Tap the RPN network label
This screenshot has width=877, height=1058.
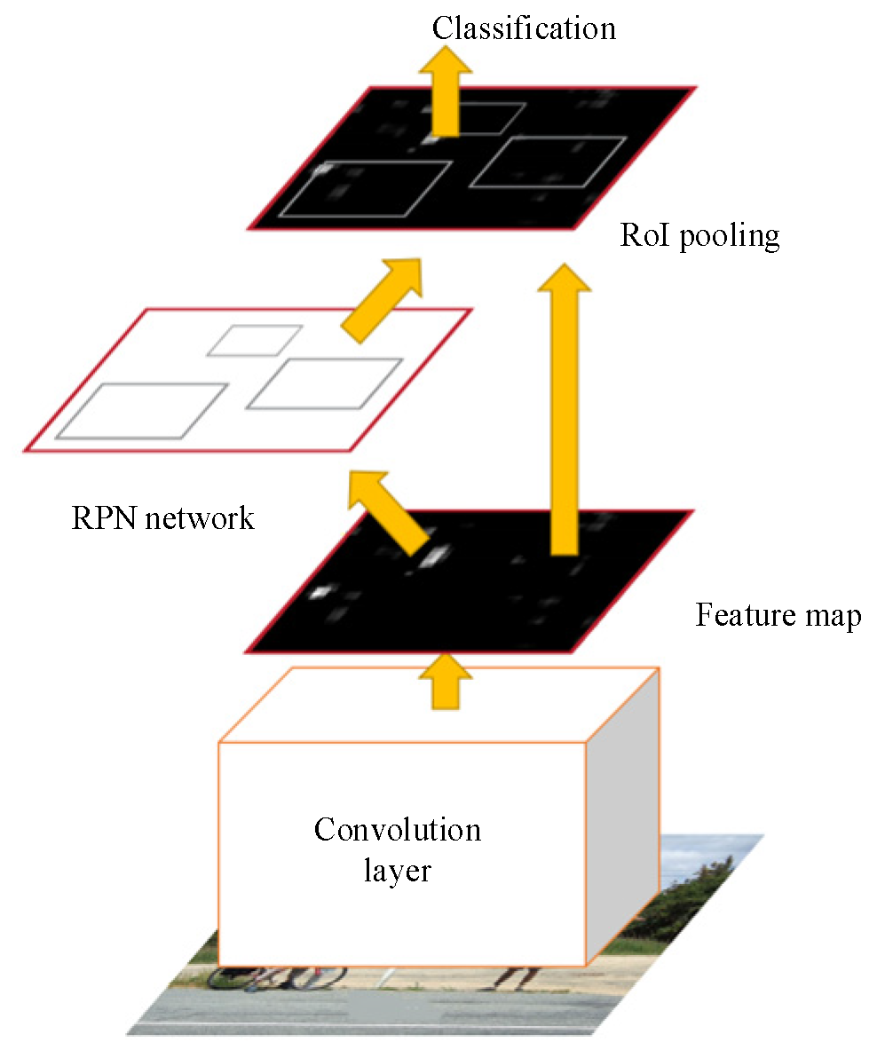pos(162,517)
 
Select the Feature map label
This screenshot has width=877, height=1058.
pos(778,615)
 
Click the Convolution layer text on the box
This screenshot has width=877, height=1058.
pos(397,849)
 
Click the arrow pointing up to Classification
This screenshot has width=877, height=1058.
pos(446,98)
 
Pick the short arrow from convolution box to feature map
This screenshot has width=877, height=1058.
pos(446,682)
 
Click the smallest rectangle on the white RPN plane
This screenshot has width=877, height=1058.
pos(255,340)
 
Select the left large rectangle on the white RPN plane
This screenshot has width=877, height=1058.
pos(142,411)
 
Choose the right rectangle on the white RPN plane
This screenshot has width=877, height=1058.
pos(325,383)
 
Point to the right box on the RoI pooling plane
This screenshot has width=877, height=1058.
pos(548,162)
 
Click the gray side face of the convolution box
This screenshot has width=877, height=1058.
pos(622,817)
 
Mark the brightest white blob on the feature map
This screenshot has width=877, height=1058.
pos(435,557)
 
